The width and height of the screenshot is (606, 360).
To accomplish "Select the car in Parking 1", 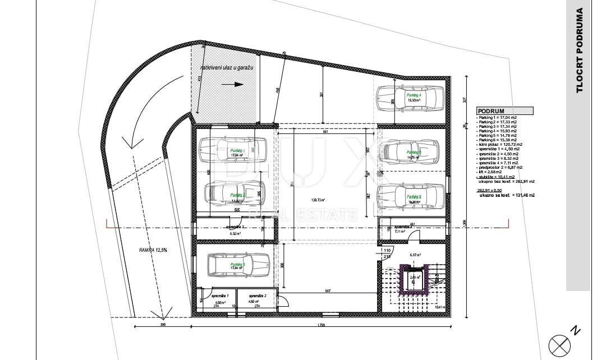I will pyautogui.click(x=232, y=150).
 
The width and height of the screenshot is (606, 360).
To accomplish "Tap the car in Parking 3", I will pyautogui.click(x=238, y=265).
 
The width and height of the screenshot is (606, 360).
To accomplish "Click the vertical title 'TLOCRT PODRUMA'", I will pyautogui.click(x=580, y=50).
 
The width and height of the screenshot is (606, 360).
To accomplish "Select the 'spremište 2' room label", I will pyautogui.click(x=258, y=295).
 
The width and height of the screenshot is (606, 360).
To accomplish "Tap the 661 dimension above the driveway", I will pyautogui.click(x=325, y=132).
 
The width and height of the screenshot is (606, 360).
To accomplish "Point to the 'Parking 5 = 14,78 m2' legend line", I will pyautogui.click(x=497, y=135).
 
